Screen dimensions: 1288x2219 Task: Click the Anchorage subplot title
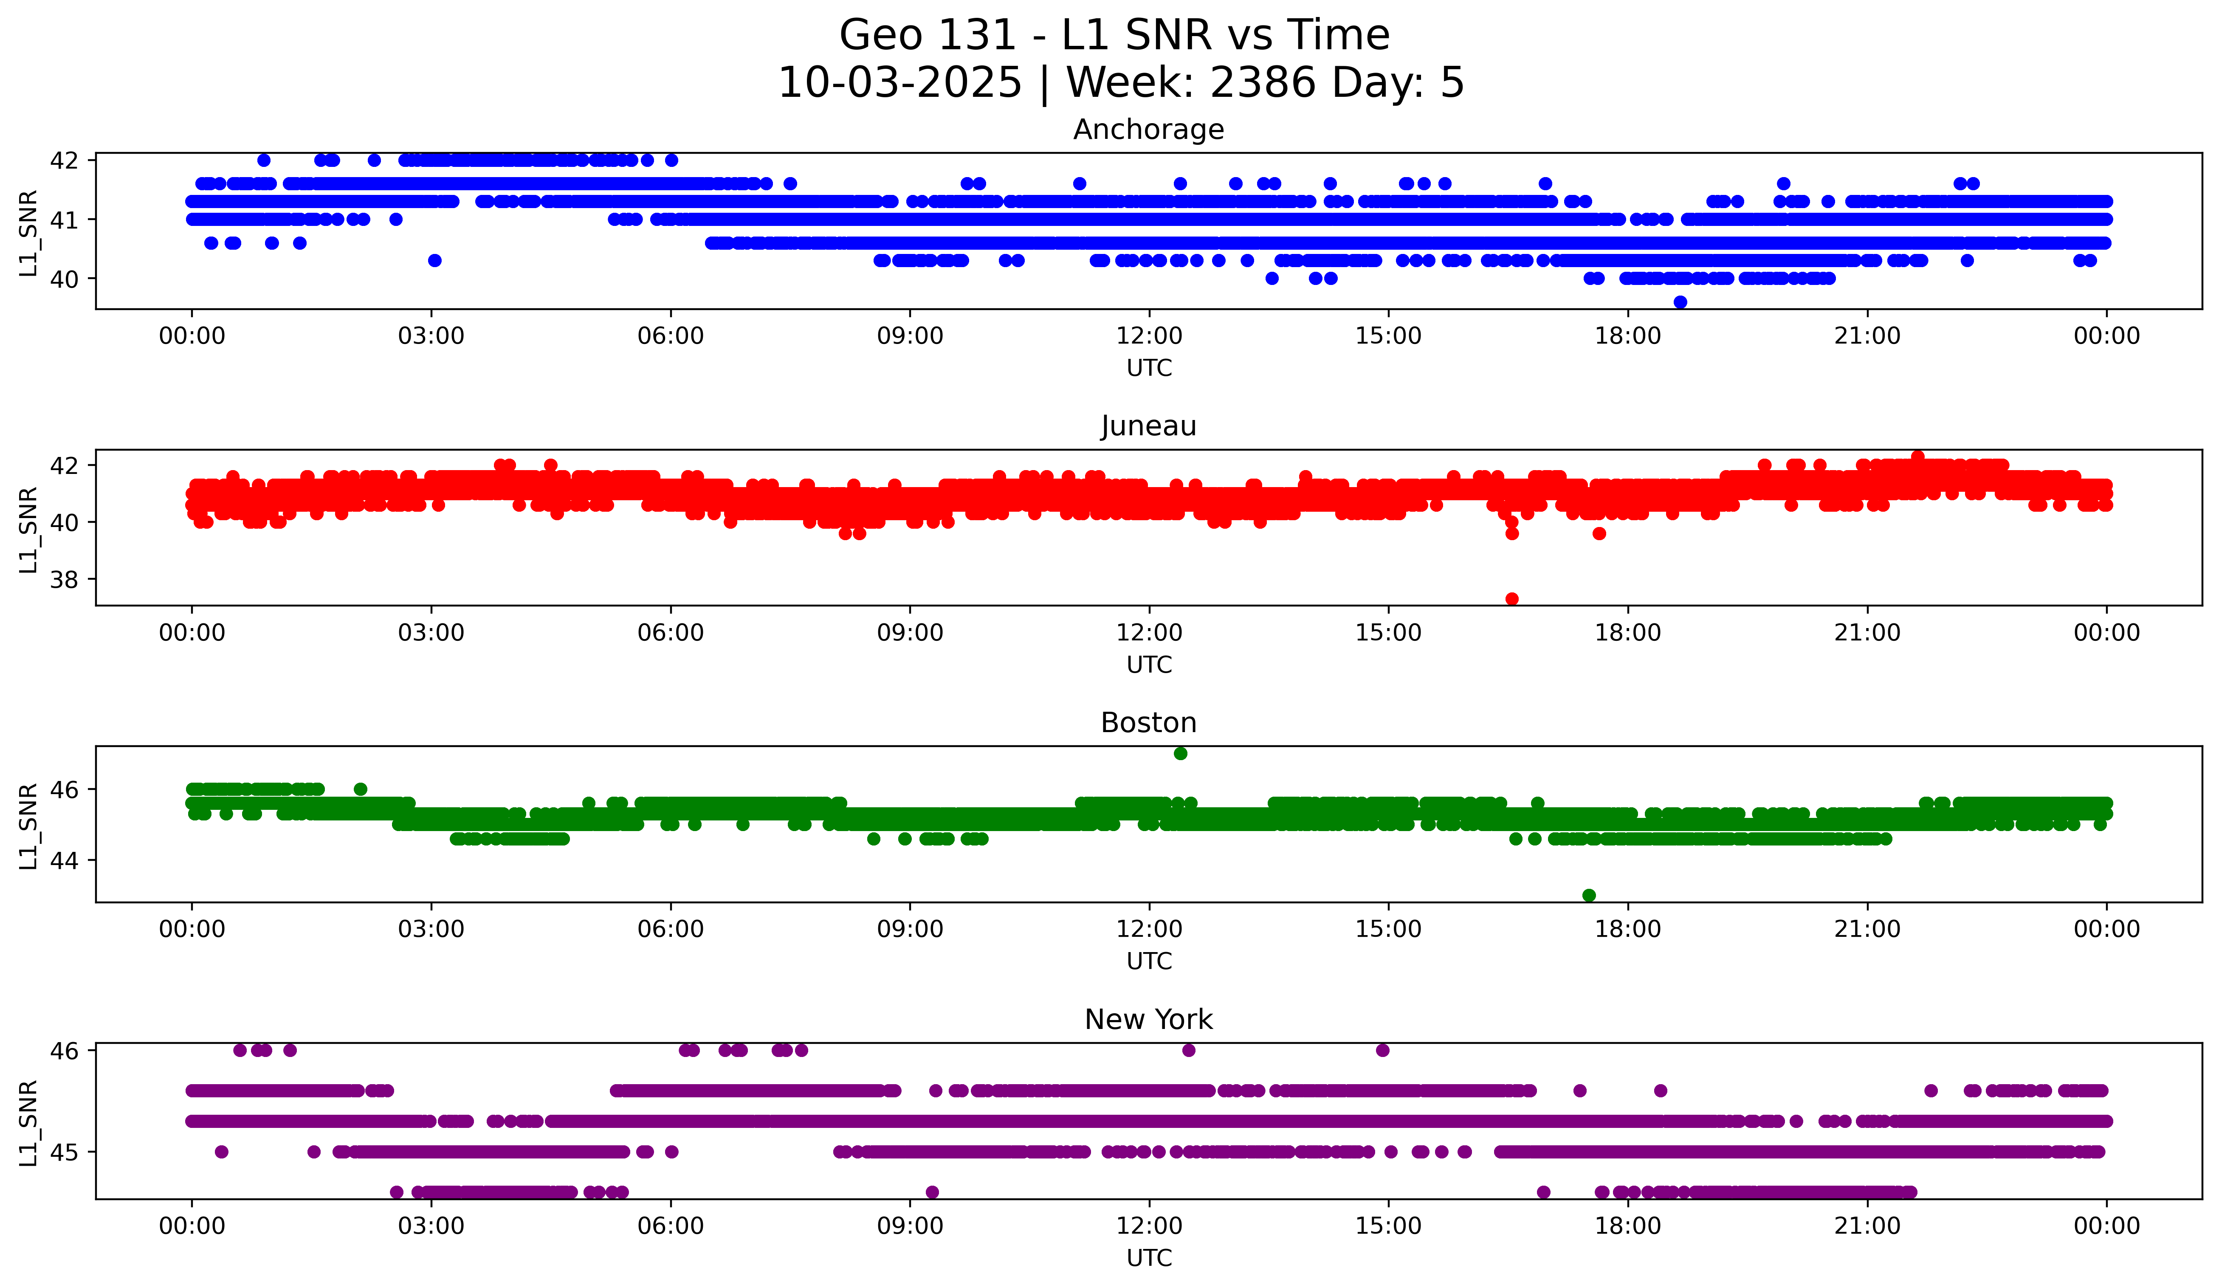[1148, 130]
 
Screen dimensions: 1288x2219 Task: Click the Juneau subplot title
[1148, 426]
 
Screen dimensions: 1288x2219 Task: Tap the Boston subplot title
[1148, 723]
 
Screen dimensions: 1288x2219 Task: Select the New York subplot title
[1148, 1020]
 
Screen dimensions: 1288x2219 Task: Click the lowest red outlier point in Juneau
[1512, 599]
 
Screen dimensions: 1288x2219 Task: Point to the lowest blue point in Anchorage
[1680, 302]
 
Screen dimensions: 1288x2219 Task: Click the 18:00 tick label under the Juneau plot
[1627, 633]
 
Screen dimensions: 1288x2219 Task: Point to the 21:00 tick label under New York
[1867, 1226]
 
